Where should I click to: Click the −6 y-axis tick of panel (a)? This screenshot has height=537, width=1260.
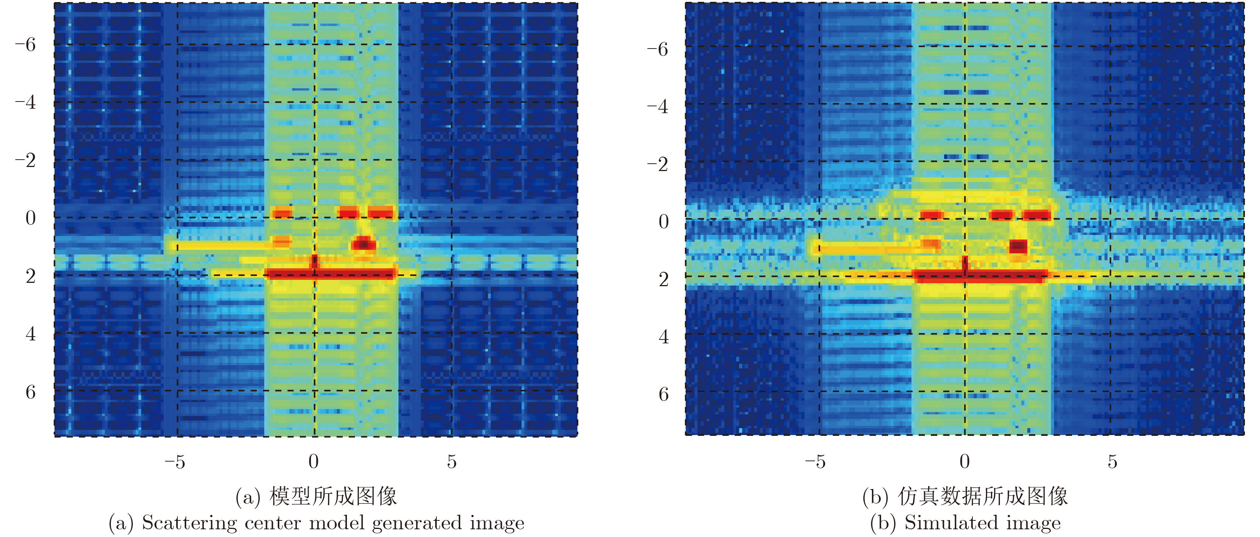25,45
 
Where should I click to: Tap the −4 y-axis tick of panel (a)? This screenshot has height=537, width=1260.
25,103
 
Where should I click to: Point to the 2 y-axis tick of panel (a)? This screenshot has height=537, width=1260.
30,276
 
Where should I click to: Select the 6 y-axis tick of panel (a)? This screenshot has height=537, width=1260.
30,392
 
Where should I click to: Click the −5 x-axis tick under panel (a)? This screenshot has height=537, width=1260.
175,461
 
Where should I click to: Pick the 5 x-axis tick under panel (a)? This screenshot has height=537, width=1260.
451,461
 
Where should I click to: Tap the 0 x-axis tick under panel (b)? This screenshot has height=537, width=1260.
965,461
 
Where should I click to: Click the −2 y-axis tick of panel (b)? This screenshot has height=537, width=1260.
657,164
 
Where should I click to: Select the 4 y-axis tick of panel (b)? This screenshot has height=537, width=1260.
663,337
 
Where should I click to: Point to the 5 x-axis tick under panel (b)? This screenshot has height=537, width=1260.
1112,461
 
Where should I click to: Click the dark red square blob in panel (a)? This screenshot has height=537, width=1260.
364,243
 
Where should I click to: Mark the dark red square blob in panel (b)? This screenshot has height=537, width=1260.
1018,246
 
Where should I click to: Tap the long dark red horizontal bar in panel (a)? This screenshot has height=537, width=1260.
330,273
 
